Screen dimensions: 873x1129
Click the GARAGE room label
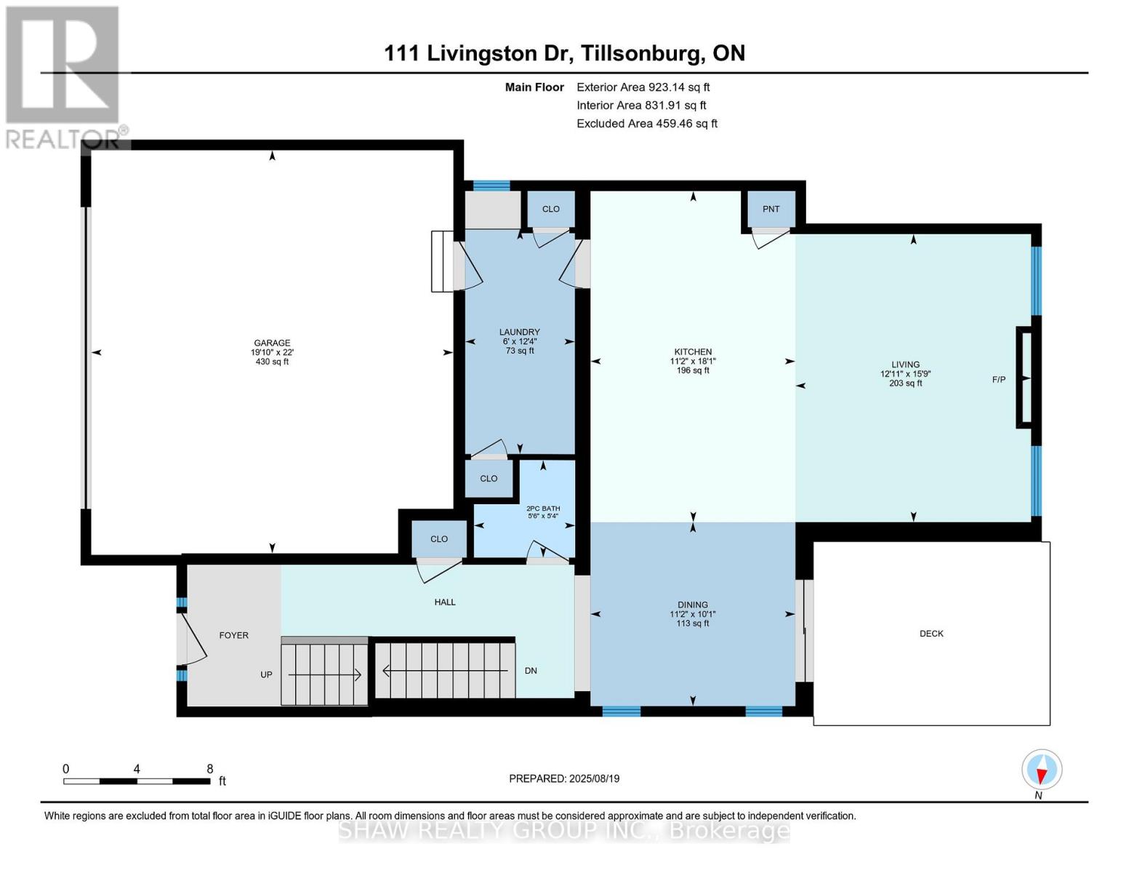click(x=272, y=343)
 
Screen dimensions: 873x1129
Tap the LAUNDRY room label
click(x=519, y=332)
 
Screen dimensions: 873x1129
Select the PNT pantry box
click(x=771, y=209)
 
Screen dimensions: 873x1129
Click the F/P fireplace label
click(x=999, y=380)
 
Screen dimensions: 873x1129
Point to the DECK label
click(x=931, y=634)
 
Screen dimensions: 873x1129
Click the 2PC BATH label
click(x=542, y=509)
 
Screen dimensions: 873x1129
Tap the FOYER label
click(x=233, y=635)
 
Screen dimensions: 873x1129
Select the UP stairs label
click(x=266, y=674)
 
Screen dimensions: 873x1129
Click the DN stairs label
click(x=531, y=671)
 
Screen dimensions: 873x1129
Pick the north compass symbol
click(x=1042, y=770)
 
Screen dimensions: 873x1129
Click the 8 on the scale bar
click(x=210, y=769)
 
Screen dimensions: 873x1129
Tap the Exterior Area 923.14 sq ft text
click(x=643, y=87)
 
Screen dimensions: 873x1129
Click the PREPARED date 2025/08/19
click(x=564, y=778)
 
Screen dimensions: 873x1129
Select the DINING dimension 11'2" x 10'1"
click(x=692, y=614)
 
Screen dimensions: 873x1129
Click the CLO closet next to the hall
click(x=438, y=539)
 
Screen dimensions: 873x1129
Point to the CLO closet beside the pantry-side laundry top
click(x=550, y=209)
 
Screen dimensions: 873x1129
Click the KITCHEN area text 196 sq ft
click(x=692, y=370)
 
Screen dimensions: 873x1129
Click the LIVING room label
click(x=905, y=364)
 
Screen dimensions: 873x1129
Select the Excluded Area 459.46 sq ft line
click(x=647, y=124)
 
